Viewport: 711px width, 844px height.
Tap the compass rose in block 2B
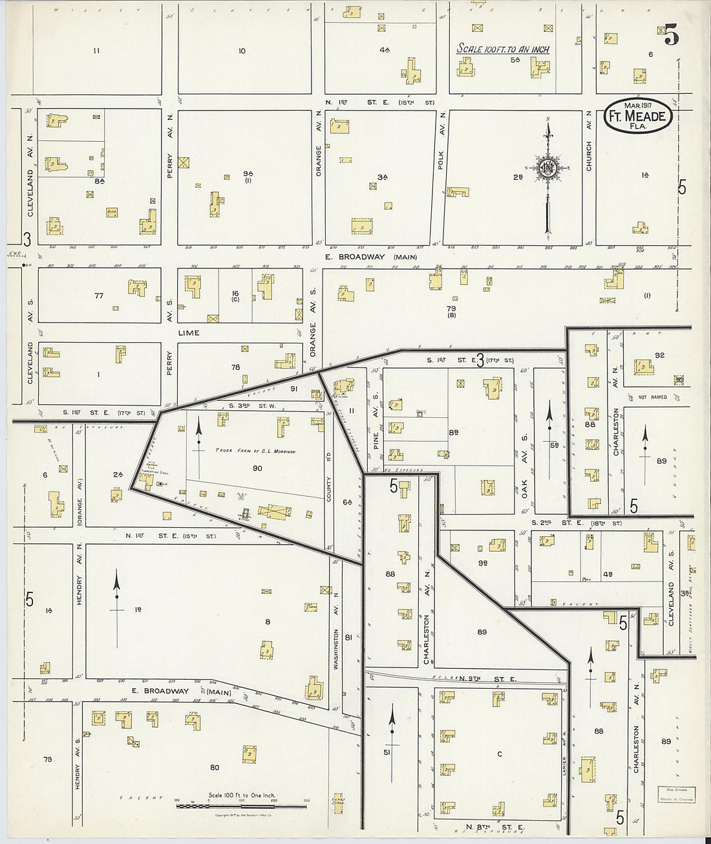[x=547, y=169]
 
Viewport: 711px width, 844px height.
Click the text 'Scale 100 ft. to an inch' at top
[x=503, y=49]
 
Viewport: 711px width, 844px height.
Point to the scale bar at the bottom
[x=241, y=806]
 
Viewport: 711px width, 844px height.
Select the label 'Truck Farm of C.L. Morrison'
[x=255, y=451]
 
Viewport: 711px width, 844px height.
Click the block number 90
[x=257, y=468]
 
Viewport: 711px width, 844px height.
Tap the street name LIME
[x=192, y=333]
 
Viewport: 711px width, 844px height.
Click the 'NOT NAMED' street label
[x=652, y=397]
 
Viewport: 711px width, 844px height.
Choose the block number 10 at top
[x=242, y=51]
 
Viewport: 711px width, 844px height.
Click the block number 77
[x=98, y=296]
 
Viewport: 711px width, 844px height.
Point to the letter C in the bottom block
[x=499, y=754]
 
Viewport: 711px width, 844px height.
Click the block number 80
[x=214, y=768]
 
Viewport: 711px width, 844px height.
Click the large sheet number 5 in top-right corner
[x=672, y=37]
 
